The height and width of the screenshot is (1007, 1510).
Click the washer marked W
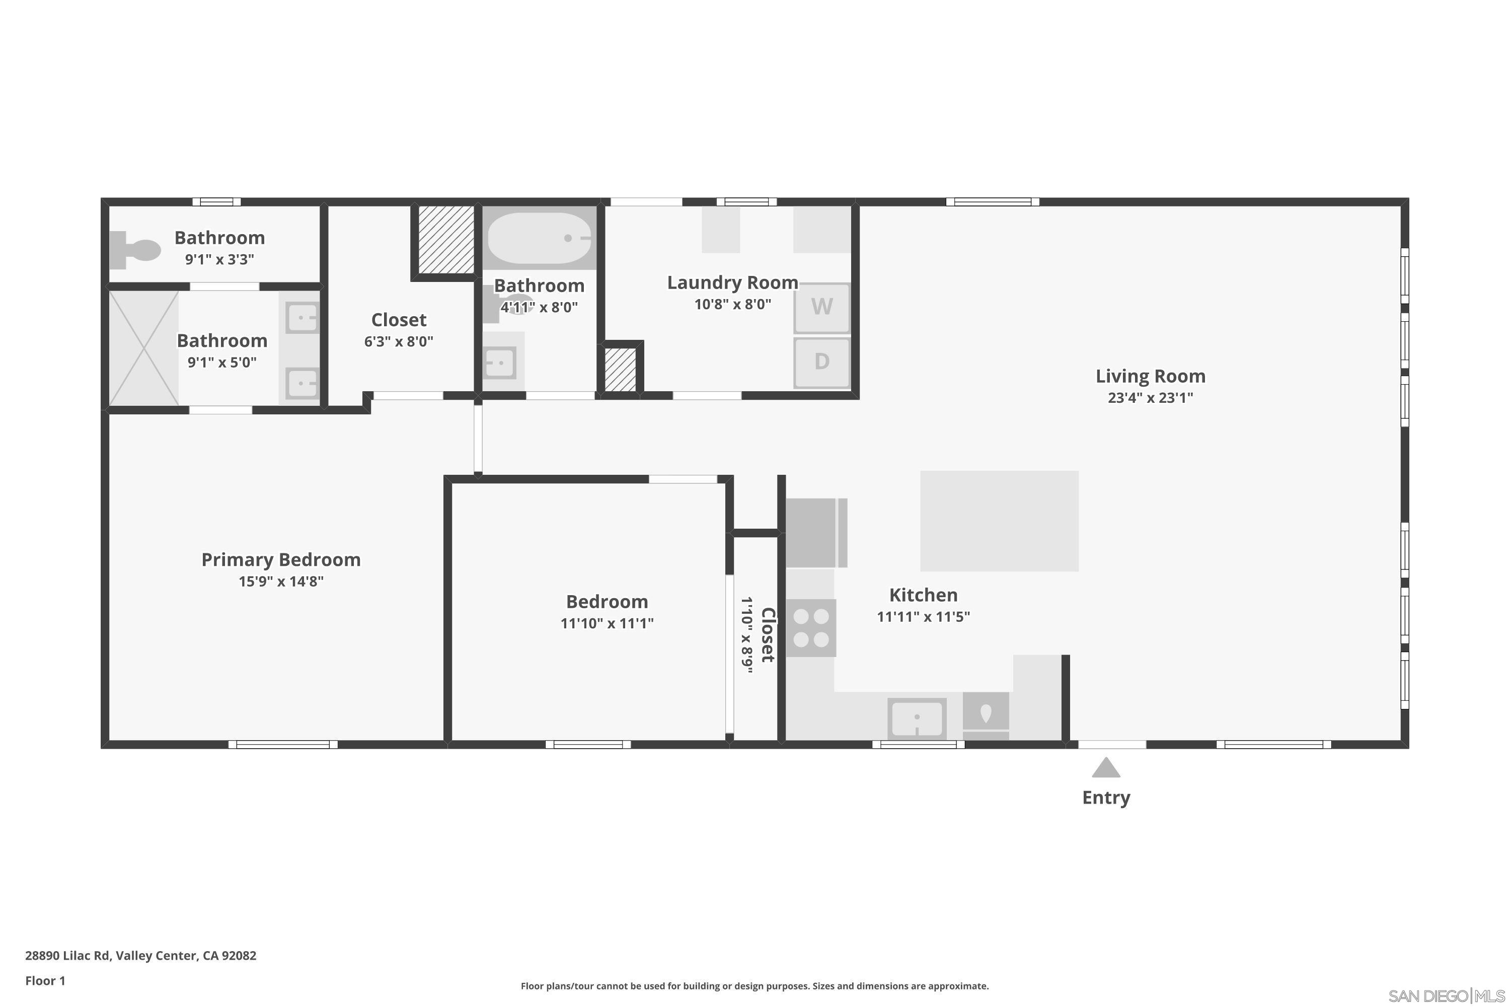click(822, 307)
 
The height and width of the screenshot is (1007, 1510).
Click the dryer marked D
click(822, 362)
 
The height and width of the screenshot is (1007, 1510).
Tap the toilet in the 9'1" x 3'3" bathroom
click(136, 250)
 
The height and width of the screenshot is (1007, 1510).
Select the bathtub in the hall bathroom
click(539, 238)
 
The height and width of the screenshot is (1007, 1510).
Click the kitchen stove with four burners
click(811, 628)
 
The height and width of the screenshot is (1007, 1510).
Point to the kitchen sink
click(917, 718)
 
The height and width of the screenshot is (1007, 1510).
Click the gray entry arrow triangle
click(1105, 768)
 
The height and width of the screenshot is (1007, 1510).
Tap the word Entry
click(1105, 798)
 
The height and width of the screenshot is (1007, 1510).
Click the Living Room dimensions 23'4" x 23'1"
click(1150, 398)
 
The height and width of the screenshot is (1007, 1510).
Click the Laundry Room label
click(732, 282)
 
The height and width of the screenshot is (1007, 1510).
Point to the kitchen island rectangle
click(999, 521)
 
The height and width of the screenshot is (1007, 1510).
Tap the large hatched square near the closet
click(446, 239)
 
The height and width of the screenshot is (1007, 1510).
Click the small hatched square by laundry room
click(620, 369)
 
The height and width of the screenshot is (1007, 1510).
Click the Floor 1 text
click(45, 981)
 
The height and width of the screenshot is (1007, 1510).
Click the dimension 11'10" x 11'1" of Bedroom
click(607, 623)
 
